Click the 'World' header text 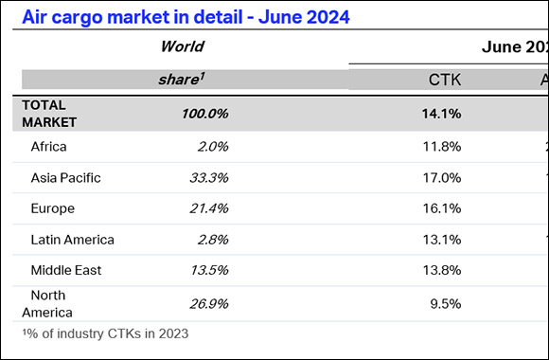(182, 46)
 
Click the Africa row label (49, 146)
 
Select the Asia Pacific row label (65, 177)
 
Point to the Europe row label (53, 208)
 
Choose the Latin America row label (72, 240)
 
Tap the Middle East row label (65, 270)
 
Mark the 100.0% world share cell (204, 114)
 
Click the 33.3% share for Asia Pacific (208, 177)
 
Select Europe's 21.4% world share (208, 208)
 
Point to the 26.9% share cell (208, 303)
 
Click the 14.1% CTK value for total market (443, 114)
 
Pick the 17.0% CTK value (443, 177)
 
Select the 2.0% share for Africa (212, 146)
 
